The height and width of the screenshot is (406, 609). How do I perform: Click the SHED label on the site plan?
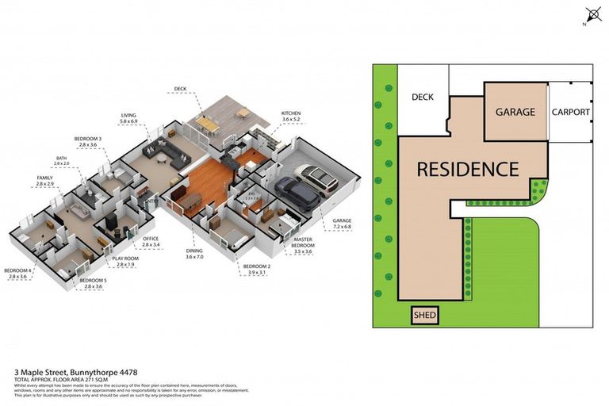[424, 316]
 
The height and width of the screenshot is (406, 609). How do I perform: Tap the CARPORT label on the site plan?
[571, 113]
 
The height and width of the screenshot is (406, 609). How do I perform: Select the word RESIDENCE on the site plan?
[468, 169]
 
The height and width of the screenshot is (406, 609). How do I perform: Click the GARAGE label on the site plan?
[515, 113]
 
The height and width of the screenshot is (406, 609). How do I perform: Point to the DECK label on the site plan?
[423, 98]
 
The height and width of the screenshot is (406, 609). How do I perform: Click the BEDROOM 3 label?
[87, 139]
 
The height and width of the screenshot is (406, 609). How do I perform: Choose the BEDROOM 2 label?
[257, 266]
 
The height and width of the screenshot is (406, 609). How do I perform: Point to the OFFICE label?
[151, 238]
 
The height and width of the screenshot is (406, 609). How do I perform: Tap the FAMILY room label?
[45, 177]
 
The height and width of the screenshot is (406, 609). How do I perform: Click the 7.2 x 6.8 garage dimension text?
[341, 228]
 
